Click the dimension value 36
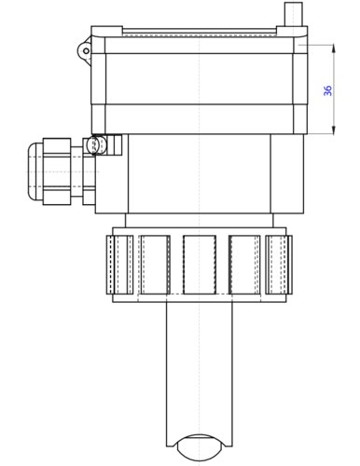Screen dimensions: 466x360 327,90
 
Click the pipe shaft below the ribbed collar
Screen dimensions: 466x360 200,373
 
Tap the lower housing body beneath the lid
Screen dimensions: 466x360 200,177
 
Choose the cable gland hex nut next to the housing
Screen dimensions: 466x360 90,171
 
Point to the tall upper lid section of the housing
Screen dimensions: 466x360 200,79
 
